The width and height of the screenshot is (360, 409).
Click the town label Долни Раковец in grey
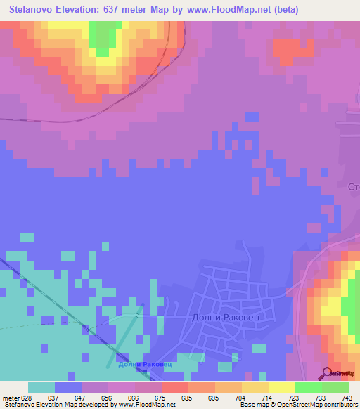[x=226, y=317]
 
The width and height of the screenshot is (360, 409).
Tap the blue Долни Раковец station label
[x=144, y=364]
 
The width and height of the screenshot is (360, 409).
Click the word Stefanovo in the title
[x=35, y=10]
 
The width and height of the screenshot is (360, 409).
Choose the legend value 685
[x=187, y=398]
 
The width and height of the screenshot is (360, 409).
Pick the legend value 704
[x=241, y=398]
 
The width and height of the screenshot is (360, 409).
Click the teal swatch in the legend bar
[x=41, y=387]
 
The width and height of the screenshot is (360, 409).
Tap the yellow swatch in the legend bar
[x=282, y=387]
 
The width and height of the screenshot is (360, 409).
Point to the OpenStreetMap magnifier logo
[x=328, y=374]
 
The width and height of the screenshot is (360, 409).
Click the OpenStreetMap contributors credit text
[x=320, y=405]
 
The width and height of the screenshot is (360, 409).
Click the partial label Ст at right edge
[x=354, y=187]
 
